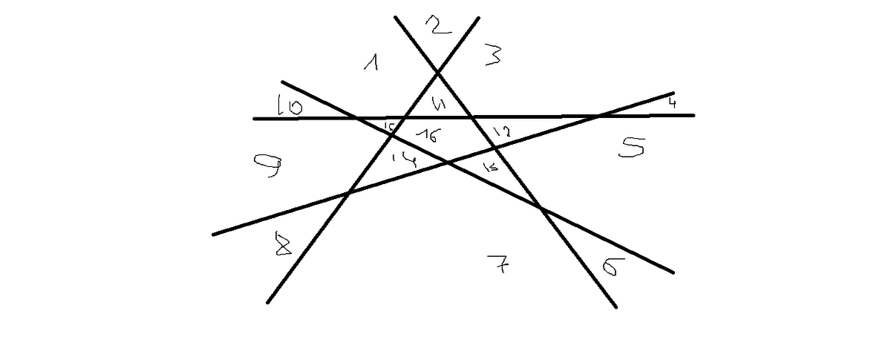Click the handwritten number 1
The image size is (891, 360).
pyautogui.click(x=372, y=64)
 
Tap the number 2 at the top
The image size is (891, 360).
pyautogui.click(x=438, y=26)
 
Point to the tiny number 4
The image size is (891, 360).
pyautogui.click(x=671, y=102)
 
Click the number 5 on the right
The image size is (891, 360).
pyautogui.click(x=632, y=148)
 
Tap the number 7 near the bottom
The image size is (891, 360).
pyautogui.click(x=497, y=264)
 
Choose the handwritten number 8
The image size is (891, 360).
pyautogui.click(x=283, y=244)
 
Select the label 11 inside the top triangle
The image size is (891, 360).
pyautogui.click(x=439, y=105)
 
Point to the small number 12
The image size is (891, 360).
pyautogui.click(x=501, y=132)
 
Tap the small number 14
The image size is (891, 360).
pyautogui.click(x=405, y=157)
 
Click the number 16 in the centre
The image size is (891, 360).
pyautogui.click(x=429, y=135)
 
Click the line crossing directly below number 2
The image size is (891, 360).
pyautogui.click(x=439, y=72)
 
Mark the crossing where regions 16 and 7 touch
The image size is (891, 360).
pyautogui.click(x=446, y=162)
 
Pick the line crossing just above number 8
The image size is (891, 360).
pyautogui.click(x=347, y=194)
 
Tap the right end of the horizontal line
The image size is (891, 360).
pyautogui.click(x=693, y=115)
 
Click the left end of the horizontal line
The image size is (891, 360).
pyautogui.click(x=254, y=118)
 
